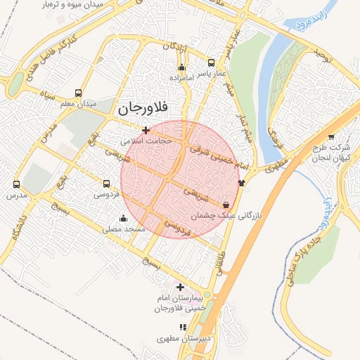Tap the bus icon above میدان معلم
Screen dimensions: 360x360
[x=77, y=93]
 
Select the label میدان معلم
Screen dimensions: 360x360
[x=78, y=104]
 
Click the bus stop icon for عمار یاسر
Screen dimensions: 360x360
[x=212, y=62]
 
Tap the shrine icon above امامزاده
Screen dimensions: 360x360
[x=182, y=68]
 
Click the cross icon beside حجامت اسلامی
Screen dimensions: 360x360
[x=146, y=129]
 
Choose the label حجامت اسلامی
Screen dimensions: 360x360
[x=146, y=140]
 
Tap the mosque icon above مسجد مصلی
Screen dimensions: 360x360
[x=124, y=218]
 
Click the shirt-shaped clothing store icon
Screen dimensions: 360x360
[x=242, y=183]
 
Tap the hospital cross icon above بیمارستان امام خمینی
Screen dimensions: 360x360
[x=181, y=287]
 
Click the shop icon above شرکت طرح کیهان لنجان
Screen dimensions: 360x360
[x=330, y=136]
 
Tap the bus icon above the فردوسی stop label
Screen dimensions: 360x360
[x=106, y=183]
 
